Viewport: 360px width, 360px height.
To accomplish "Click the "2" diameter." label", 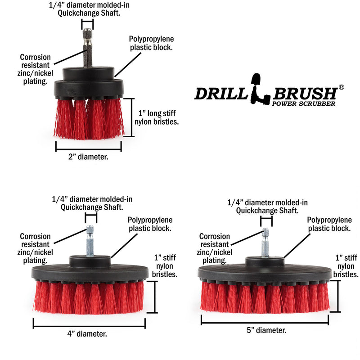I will pyautogui.click(x=89, y=157).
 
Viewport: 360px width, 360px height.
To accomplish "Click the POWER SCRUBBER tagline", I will pyautogui.click(x=304, y=103).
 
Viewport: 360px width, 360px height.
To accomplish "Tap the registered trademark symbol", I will pyautogui.click(x=342, y=86).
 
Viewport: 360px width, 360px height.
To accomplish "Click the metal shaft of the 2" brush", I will pyautogui.click(x=88, y=49).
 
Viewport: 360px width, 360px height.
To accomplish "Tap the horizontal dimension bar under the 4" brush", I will pyautogui.click(x=89, y=324).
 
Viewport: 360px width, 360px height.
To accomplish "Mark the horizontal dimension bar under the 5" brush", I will pyautogui.click(x=265, y=319).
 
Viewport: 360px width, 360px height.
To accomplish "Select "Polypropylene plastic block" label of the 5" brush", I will pyautogui.click(x=329, y=224).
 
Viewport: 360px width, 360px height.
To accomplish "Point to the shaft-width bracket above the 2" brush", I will pyautogui.click(x=88, y=23).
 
